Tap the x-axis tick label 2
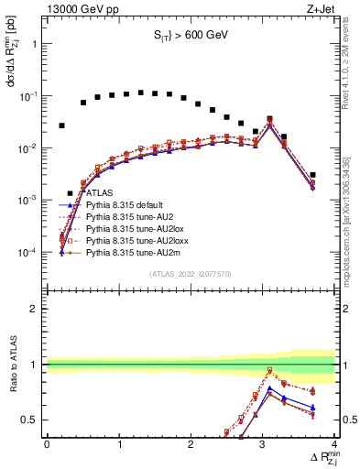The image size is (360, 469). point(191,444)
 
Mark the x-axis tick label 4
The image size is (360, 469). point(334,444)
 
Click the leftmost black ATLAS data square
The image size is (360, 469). point(61,125)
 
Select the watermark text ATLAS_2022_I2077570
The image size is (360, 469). point(190,274)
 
